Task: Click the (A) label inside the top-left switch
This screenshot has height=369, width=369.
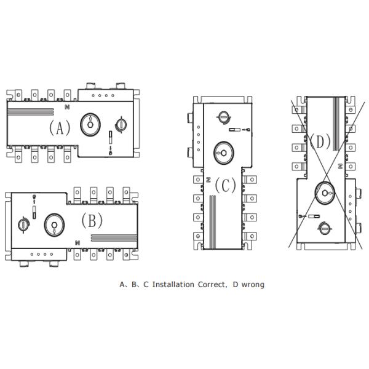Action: pyautogui.click(x=59, y=127)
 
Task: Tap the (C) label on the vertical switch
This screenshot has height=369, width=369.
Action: pyautogui.click(x=224, y=185)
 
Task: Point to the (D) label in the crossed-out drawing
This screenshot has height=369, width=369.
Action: pyautogui.click(x=320, y=142)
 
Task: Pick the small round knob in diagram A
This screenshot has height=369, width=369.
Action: pyautogui.click(x=121, y=124)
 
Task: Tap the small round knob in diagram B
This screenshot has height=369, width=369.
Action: pyautogui.click(x=24, y=224)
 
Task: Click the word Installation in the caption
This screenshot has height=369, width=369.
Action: pyautogui.click(x=173, y=285)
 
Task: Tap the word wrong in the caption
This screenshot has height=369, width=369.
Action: pyautogui.click(x=252, y=285)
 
